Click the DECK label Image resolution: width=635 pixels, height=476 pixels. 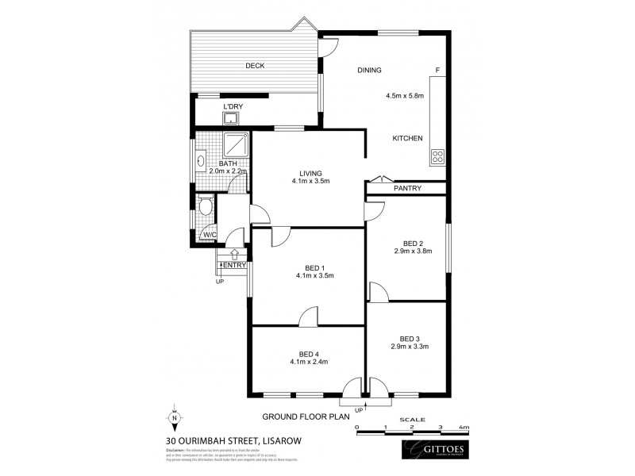[255, 66]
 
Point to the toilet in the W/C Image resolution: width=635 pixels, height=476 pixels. [206, 208]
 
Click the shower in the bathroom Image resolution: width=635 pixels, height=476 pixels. [237, 146]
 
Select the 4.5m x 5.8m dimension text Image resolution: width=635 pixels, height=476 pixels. [405, 96]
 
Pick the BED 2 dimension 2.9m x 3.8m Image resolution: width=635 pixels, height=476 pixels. [410, 251]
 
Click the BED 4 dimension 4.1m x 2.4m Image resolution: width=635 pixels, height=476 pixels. [308, 362]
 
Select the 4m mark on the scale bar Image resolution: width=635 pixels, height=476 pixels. [465, 427]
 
